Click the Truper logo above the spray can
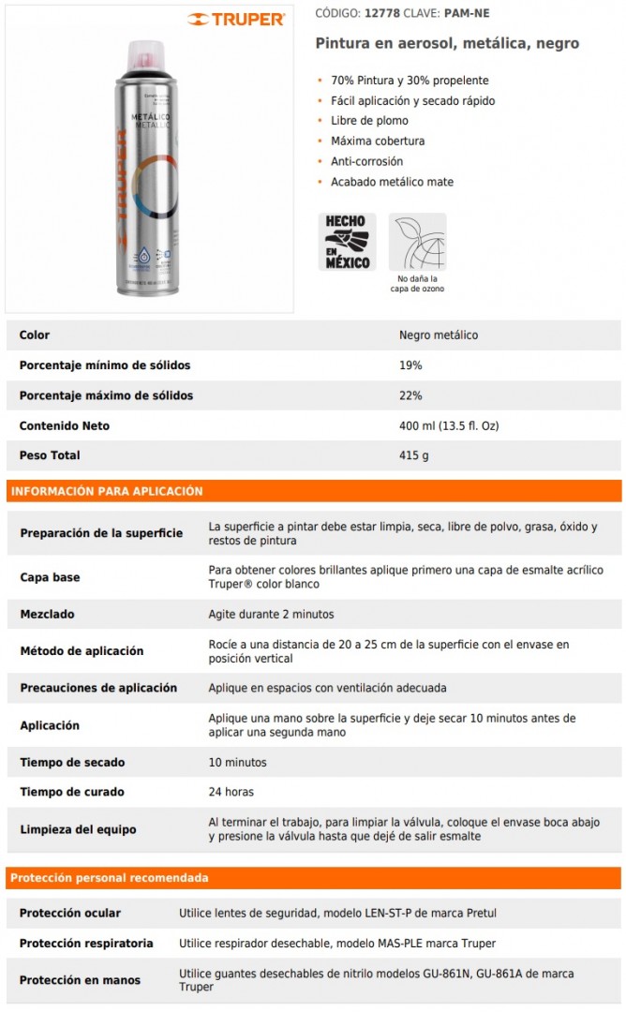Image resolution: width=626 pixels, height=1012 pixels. (x=235, y=19)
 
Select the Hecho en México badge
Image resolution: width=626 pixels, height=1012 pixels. (x=348, y=242)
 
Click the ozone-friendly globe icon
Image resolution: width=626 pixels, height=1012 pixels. (x=417, y=242)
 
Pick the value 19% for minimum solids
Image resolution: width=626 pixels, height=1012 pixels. (x=410, y=365)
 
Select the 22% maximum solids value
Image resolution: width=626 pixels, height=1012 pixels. (x=410, y=395)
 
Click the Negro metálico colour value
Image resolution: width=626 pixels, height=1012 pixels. (x=439, y=335)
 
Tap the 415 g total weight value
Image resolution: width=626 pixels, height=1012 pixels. (x=413, y=455)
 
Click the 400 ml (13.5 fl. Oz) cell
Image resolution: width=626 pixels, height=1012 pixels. (x=449, y=425)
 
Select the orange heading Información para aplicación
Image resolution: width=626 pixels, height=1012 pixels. (x=105, y=491)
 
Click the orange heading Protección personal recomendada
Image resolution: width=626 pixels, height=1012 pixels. (x=109, y=878)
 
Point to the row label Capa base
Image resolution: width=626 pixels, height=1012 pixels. (x=50, y=577)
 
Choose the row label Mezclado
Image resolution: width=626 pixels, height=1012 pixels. (x=47, y=615)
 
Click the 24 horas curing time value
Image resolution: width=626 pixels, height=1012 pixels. (x=231, y=792)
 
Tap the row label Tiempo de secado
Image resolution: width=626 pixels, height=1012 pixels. (x=72, y=763)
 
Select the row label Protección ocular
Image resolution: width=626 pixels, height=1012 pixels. (x=70, y=913)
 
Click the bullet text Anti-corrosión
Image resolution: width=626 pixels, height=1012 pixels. (x=366, y=161)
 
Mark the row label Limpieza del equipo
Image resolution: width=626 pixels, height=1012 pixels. (x=78, y=829)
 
